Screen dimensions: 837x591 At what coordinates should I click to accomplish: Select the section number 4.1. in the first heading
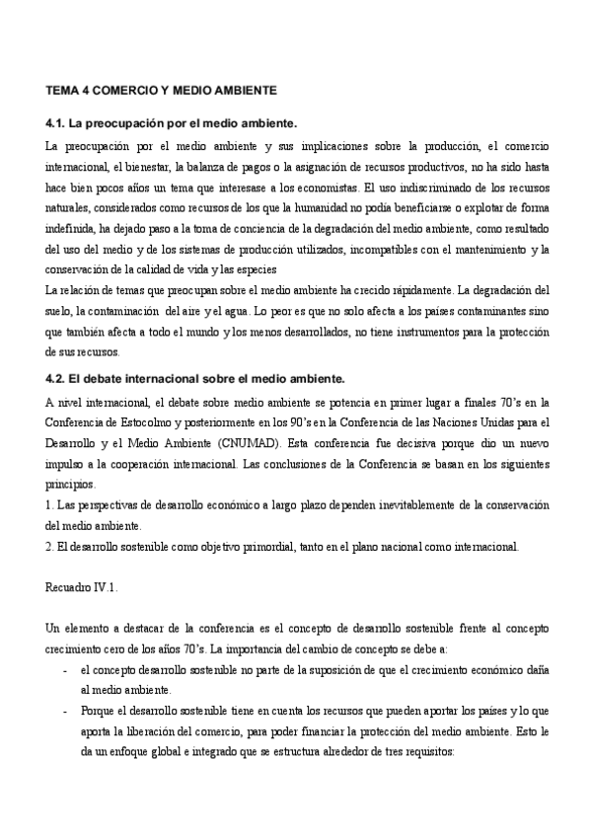[57, 123]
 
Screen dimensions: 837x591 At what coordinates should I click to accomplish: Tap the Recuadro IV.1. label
[82, 588]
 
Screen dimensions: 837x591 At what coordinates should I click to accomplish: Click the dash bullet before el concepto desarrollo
[64, 670]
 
